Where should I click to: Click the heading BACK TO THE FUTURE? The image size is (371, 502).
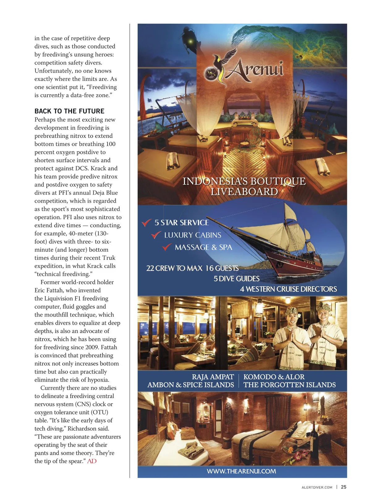point(69,111)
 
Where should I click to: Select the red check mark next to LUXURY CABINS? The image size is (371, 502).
point(156,235)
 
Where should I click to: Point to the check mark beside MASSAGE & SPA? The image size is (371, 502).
point(167,247)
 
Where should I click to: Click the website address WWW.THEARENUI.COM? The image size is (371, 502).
point(241,471)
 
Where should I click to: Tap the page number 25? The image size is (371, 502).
point(343,487)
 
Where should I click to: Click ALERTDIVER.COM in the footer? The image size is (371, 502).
point(317,487)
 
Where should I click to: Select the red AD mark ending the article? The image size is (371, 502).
point(92,461)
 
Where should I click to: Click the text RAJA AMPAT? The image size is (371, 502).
point(213,377)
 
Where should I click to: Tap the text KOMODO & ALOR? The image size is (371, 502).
point(274,377)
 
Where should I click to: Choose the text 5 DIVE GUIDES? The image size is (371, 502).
point(237,279)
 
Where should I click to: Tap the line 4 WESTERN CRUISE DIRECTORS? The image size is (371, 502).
point(288,289)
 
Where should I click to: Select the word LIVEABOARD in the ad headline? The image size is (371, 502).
point(244,192)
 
